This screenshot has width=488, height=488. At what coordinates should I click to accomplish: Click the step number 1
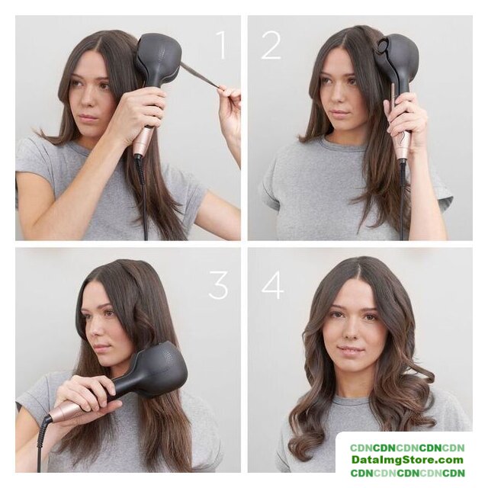[221, 45]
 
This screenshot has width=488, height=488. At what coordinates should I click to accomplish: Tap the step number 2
[271, 45]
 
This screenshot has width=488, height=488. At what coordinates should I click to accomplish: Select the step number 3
[219, 284]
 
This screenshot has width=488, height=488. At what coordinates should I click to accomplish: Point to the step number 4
[273, 284]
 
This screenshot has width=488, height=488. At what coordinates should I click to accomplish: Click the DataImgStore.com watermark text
[407, 459]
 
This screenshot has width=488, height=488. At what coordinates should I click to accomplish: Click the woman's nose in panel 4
[352, 330]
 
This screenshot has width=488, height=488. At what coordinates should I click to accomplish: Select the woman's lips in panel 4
[352, 349]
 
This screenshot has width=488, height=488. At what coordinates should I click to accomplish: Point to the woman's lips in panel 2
[338, 112]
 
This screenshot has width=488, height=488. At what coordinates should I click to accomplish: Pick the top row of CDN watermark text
[407, 448]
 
